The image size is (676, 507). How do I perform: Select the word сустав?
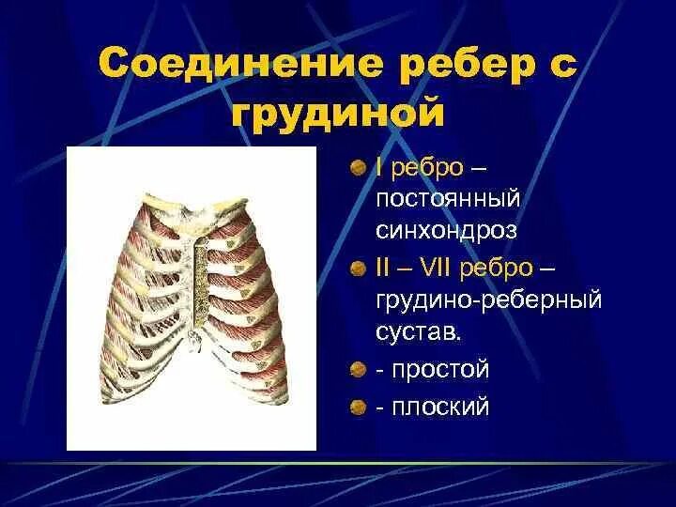coord(420,332)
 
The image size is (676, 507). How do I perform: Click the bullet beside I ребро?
coord(358,169)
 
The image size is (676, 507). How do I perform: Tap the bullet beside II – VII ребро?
coord(358,270)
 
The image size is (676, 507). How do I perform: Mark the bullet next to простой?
coord(358,370)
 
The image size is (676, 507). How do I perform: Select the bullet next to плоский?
coord(358,408)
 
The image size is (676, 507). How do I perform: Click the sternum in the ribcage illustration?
coord(197,282)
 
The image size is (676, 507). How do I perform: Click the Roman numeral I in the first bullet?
coord(378,168)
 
